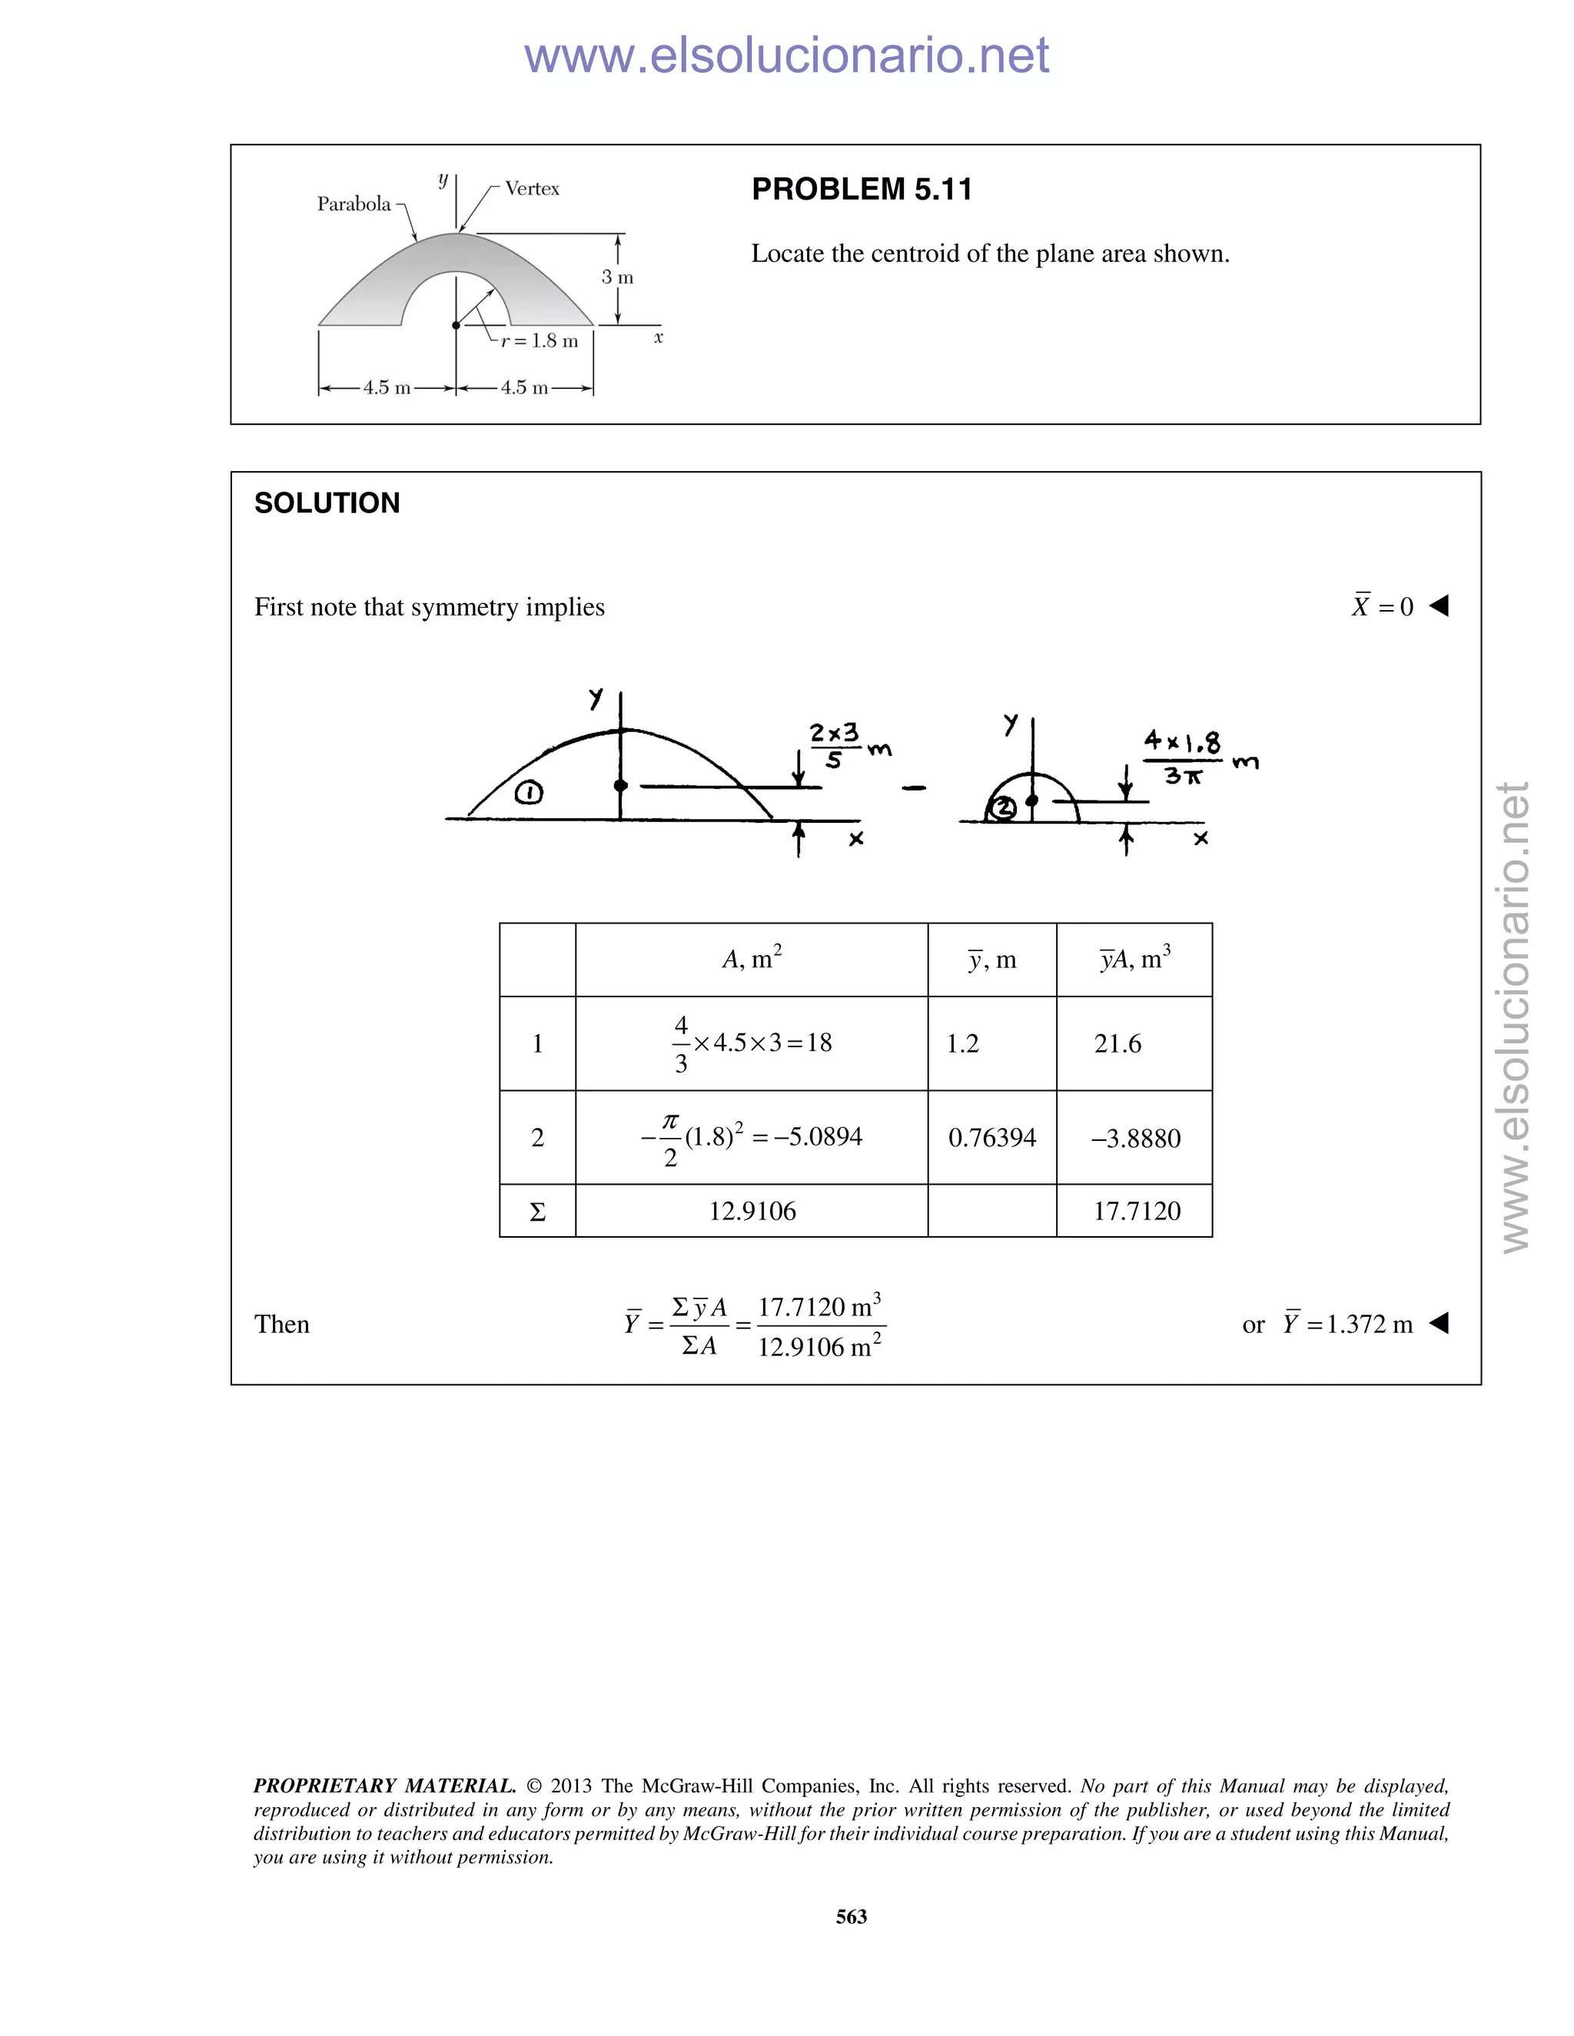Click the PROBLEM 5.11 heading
[x=862, y=189]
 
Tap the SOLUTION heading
[x=327, y=503]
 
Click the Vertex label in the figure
[x=532, y=188]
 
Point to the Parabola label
[x=354, y=204]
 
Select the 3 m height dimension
[x=617, y=277]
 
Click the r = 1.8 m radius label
[x=539, y=341]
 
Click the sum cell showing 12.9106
[x=752, y=1211]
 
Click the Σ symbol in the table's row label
[x=537, y=1212]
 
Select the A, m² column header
[x=752, y=958]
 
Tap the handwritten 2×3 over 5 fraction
[x=835, y=746]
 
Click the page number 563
[x=852, y=1917]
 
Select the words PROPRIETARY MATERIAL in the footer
[x=384, y=1786]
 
